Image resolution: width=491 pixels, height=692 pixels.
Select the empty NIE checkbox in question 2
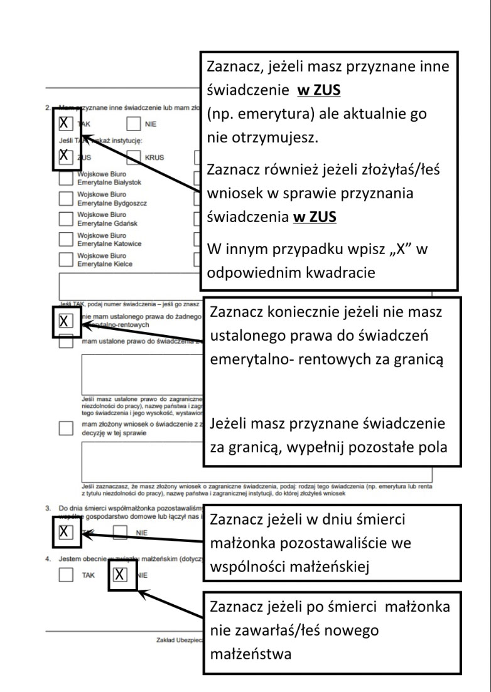click(x=134, y=124)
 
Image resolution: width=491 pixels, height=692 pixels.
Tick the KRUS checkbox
click(x=134, y=157)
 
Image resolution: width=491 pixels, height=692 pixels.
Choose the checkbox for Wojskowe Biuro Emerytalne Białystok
click(x=65, y=178)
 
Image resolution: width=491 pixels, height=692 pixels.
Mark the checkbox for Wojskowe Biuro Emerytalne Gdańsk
click(x=65, y=218)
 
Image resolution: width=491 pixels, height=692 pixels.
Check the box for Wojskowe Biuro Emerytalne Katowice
click(x=65, y=239)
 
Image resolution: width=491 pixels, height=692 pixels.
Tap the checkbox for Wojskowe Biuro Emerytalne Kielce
click(x=65, y=259)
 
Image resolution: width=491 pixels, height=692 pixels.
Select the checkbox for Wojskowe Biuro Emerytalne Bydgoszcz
click(x=65, y=198)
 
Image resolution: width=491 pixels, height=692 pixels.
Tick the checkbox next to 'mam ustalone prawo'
click(x=65, y=341)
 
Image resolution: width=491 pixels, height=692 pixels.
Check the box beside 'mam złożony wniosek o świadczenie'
click(x=65, y=428)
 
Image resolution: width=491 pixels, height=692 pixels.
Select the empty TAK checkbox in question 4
click(x=65, y=575)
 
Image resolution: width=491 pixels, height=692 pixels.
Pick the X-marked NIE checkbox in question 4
click(x=121, y=575)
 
